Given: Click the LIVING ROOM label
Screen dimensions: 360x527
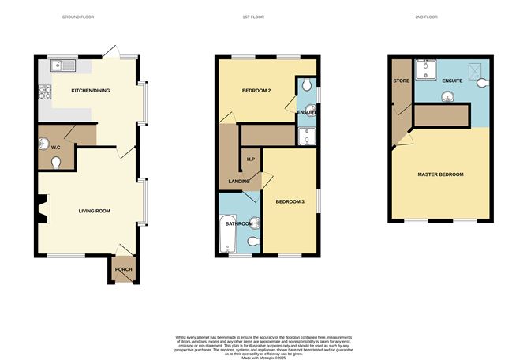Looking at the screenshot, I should (x=93, y=211).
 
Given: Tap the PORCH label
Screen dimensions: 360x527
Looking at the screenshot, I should (x=123, y=270).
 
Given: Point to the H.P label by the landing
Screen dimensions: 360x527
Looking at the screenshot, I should (x=251, y=160).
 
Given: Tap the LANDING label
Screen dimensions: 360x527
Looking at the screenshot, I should (x=240, y=182).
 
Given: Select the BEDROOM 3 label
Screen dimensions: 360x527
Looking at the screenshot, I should (x=289, y=202).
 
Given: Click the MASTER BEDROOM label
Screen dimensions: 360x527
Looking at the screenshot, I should (x=440, y=174).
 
